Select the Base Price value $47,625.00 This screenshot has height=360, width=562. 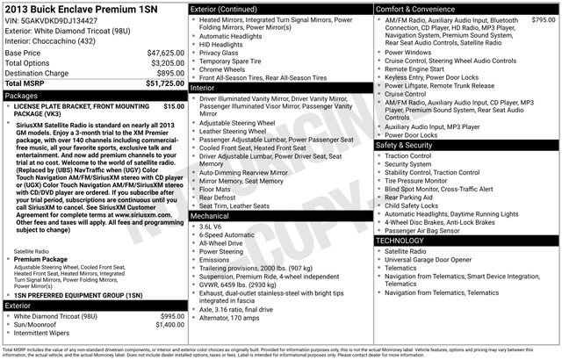(x=165, y=54)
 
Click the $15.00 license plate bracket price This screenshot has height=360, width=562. (x=174, y=105)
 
